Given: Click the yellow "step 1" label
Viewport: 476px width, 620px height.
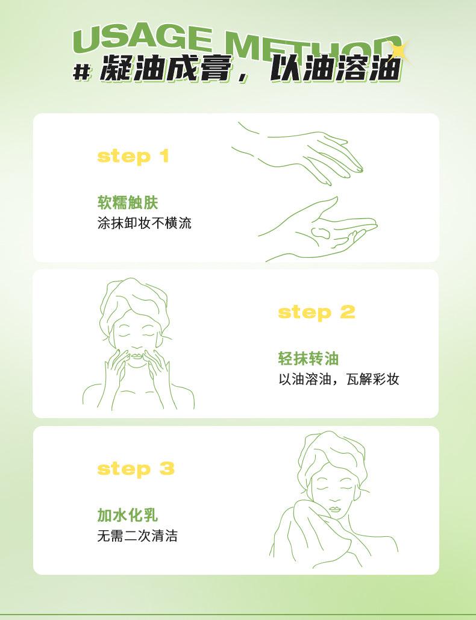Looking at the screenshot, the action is (133, 157).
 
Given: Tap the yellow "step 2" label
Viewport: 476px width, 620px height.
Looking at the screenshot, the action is (317, 312).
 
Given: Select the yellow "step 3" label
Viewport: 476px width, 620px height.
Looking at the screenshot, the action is (136, 469).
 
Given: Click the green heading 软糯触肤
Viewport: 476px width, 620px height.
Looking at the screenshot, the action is (127, 202).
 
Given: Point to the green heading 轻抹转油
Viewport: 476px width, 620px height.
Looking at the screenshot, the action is (308, 359).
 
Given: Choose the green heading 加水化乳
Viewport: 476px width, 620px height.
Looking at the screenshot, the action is (127, 515).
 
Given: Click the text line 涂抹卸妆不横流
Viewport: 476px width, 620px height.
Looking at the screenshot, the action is (144, 222).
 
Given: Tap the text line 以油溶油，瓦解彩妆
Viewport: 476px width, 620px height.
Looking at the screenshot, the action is (339, 379).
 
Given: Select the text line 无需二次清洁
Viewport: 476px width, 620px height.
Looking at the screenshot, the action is (137, 536).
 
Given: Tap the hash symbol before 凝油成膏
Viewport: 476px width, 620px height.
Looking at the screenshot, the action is (83, 73).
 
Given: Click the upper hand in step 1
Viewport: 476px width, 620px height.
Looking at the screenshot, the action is (301, 152).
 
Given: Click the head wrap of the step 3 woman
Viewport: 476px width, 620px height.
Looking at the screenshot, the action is (333, 455).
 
